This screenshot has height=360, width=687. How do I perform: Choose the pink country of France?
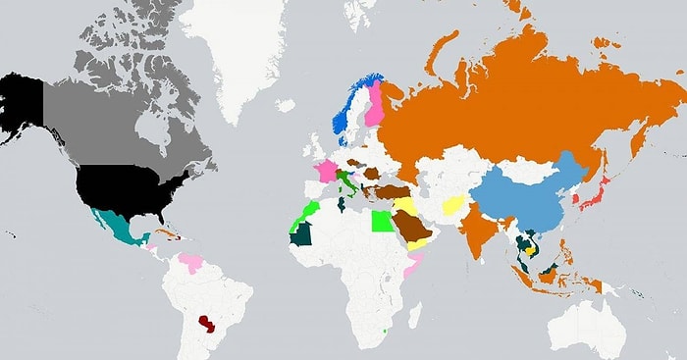point(325,170)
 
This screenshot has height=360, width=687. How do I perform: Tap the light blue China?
point(535,196)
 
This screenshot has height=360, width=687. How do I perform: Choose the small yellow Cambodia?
point(530,249)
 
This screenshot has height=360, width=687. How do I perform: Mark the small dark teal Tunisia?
point(341,204)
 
